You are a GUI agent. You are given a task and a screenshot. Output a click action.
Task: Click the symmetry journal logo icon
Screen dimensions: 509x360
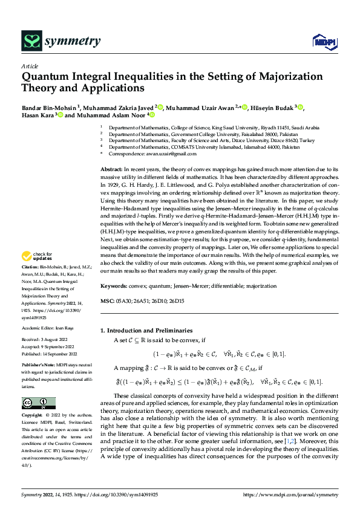coord(31,41)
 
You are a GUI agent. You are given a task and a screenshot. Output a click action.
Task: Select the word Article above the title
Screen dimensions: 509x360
coord(30,66)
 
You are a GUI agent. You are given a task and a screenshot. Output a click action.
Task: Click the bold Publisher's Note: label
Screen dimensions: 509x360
coord(40,366)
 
